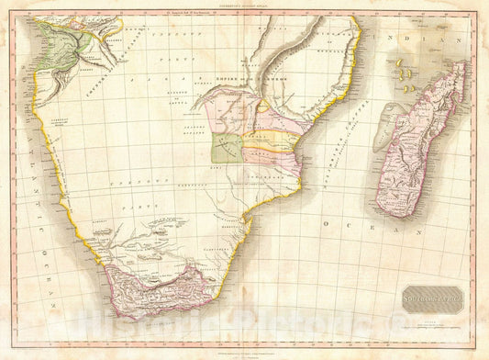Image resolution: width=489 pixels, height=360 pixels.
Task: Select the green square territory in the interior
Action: click(x=228, y=147)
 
